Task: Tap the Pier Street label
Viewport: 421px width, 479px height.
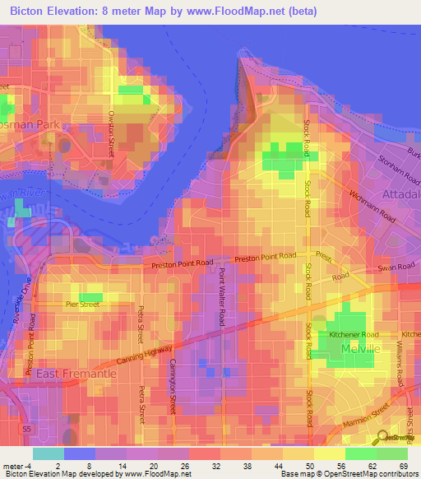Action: pos(82,305)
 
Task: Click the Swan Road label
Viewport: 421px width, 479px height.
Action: pos(396,267)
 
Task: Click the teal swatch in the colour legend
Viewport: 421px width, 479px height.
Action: pos(48,453)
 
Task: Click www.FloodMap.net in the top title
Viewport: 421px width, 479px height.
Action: pos(243,12)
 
